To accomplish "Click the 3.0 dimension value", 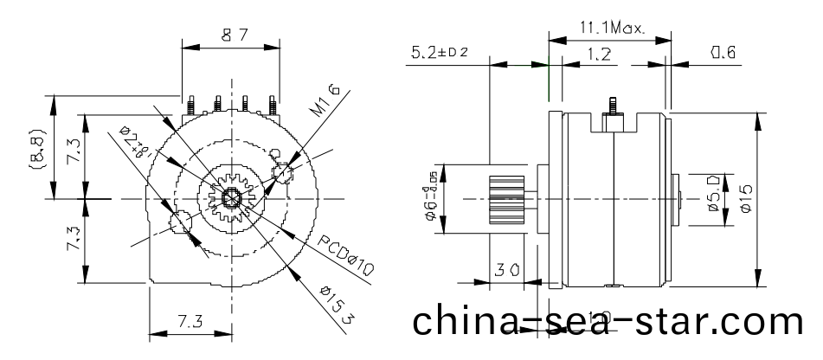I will pyautogui.click(x=507, y=270).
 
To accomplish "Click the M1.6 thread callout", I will pyautogui.click(x=321, y=98).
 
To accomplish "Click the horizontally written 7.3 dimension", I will pyautogui.click(x=191, y=321).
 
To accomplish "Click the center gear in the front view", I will pyautogui.click(x=231, y=198).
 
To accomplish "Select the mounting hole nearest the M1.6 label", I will pyautogui.click(x=282, y=172).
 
